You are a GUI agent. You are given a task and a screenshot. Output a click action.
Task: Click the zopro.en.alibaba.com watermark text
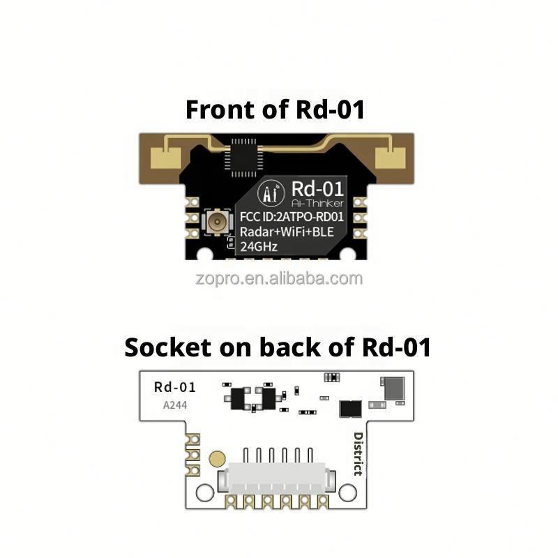pyautogui.click(x=278, y=279)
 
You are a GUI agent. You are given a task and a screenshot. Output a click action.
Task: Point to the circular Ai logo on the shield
pyautogui.click(x=271, y=193)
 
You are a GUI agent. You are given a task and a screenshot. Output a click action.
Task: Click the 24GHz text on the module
pyautogui.click(x=259, y=246)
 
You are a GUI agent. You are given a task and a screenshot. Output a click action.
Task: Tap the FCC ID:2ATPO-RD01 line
pyautogui.click(x=292, y=216)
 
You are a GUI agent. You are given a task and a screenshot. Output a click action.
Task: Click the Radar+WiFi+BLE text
pyautogui.click(x=292, y=231)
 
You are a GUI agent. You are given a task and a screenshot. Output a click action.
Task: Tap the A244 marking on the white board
pyautogui.click(x=174, y=404)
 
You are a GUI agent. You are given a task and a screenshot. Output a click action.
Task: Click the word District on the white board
pyautogui.click(x=358, y=453)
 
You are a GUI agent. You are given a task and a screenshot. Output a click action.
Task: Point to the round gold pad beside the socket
pyautogui.click(x=217, y=459)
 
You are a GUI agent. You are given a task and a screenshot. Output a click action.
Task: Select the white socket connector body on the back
pyautogui.click(x=277, y=481)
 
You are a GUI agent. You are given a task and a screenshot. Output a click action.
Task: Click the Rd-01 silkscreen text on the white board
pyautogui.click(x=174, y=387)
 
